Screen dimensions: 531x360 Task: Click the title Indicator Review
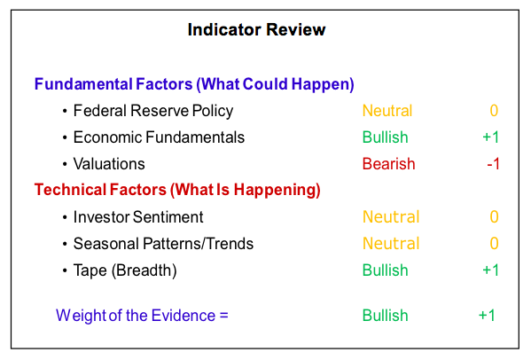tap(256, 30)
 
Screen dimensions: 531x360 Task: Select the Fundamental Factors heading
tap(194, 84)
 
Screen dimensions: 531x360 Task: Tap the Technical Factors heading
tap(177, 190)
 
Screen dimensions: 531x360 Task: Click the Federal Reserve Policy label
tap(153, 111)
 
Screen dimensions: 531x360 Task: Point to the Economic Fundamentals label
tap(159, 137)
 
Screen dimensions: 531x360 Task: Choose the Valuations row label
tap(109, 164)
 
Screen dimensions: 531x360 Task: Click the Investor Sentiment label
tap(138, 217)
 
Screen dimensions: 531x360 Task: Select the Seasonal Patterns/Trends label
tap(163, 244)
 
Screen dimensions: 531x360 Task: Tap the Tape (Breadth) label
tap(125, 270)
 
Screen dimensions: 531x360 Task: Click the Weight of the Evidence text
tap(142, 316)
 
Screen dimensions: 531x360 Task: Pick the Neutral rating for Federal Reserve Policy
tap(387, 111)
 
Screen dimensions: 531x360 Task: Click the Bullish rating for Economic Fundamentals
tap(385, 137)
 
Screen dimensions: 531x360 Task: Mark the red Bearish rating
tap(389, 164)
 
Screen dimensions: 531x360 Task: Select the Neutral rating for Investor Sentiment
tap(391, 217)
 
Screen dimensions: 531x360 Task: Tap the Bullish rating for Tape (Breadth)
tap(385, 270)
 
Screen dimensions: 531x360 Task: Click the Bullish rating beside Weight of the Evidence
tap(385, 316)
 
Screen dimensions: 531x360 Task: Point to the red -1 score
tap(493, 164)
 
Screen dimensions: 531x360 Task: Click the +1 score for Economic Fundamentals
tap(490, 137)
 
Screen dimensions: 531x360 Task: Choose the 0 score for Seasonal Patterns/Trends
tap(494, 244)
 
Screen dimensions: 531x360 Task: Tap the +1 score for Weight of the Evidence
tap(487, 316)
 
